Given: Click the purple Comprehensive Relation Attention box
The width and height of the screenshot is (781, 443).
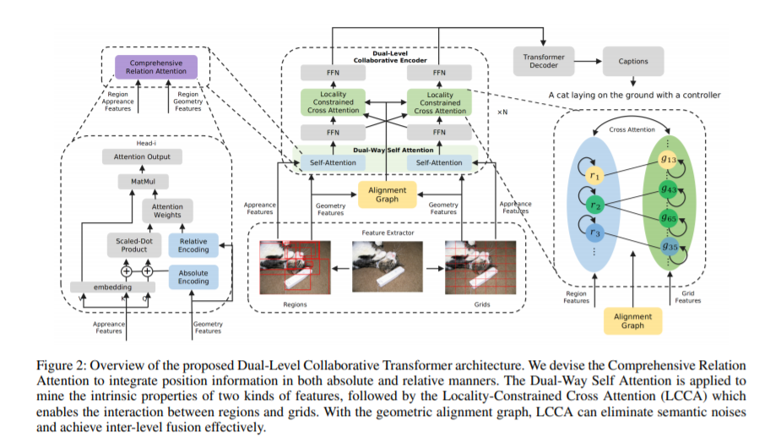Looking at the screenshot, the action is coord(156,67).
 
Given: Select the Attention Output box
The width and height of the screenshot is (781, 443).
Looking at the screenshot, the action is coord(142,156).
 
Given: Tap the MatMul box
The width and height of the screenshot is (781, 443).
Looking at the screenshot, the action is coord(143,182).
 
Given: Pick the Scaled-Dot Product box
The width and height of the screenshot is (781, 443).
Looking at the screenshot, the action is coord(134,245).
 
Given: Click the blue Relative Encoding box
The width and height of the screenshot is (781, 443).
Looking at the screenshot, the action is coord(193,245).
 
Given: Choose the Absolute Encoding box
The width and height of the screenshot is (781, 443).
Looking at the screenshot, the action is coord(193,277).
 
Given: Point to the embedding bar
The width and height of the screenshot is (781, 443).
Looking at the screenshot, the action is coord(112,287).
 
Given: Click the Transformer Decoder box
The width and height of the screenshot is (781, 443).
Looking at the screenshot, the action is coord(544,61).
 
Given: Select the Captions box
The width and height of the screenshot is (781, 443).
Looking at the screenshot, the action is coord(633,61).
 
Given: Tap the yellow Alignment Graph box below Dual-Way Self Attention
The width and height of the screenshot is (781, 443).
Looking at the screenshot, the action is coord(387,194).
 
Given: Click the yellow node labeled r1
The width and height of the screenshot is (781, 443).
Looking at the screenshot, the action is coord(594,176).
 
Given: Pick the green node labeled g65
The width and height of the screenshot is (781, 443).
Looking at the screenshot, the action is coord(669,218).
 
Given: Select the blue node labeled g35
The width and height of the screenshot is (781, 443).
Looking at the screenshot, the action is coord(670,247).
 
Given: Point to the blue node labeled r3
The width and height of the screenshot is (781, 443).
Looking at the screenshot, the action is coord(594,232).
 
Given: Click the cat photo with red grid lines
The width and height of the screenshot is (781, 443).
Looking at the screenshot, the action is coord(480,267).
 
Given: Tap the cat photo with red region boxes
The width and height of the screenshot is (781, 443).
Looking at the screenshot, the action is coord(295,267).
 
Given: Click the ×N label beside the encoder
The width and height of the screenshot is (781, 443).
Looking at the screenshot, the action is coord(502,112).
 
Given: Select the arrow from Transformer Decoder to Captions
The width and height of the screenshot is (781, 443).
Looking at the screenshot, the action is coord(588,62).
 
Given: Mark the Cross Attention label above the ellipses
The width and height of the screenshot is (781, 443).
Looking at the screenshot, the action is coord(632,129).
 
